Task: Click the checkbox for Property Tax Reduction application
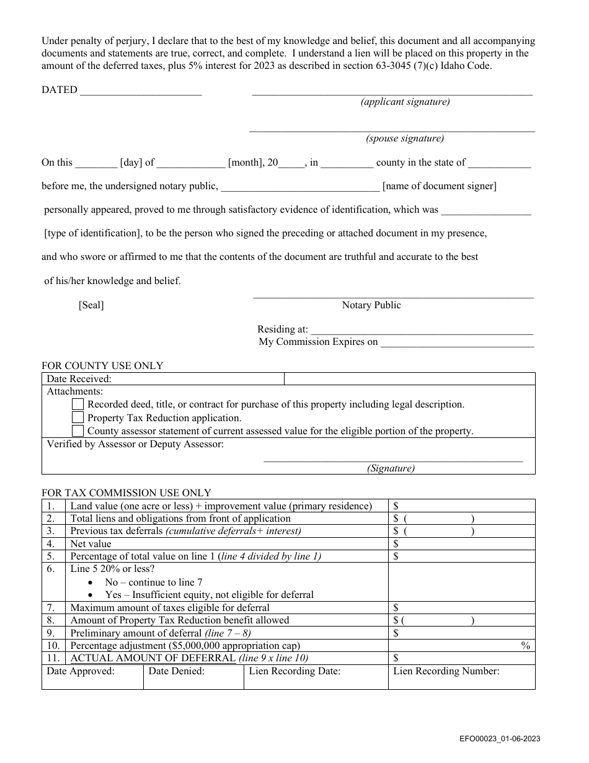point(77,417)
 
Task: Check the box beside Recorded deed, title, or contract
point(77,404)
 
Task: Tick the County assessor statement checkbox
point(77,431)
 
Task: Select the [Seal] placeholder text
point(91,305)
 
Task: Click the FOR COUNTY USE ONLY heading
point(102,366)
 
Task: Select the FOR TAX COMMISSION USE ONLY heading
point(126,493)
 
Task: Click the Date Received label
point(79,379)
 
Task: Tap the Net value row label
point(91,544)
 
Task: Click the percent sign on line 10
point(526,646)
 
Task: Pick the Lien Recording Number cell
point(461,677)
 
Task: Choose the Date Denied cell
point(193,677)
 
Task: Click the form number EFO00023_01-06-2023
point(500,738)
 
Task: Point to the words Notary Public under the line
point(371,305)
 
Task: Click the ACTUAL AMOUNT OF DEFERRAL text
point(153,658)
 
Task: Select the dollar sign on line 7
point(396,608)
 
